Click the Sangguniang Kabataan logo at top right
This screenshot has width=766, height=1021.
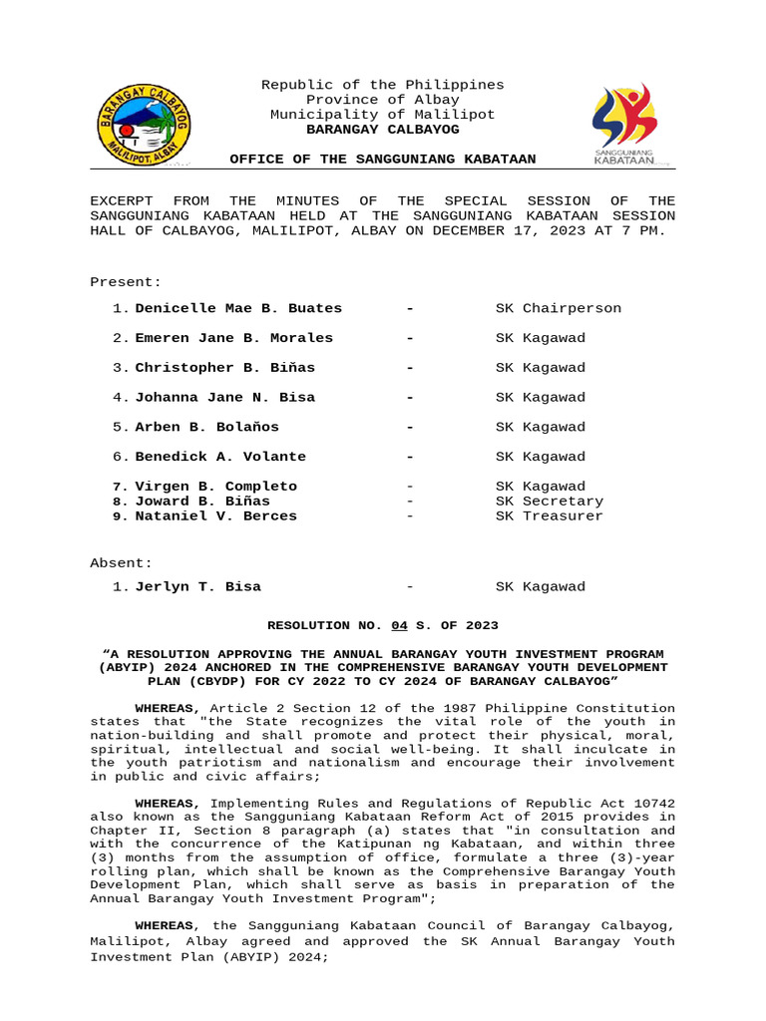[x=624, y=125]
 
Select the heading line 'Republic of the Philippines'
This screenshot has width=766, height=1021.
[x=382, y=85]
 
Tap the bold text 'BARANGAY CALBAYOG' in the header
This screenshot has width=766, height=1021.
[x=382, y=130]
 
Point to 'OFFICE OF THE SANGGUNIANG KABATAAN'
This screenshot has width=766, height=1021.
[x=382, y=160]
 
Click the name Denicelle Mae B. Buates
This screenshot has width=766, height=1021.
[x=238, y=308]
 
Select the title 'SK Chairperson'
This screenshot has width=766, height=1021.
[x=558, y=308]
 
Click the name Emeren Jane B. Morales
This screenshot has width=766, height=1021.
[x=234, y=338]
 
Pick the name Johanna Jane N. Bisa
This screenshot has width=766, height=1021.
[x=225, y=397]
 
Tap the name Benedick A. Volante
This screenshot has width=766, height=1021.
[x=220, y=457]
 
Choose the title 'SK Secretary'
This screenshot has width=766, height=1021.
[x=550, y=502]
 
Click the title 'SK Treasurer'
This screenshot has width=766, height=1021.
[x=550, y=516]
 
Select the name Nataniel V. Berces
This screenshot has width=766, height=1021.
[x=216, y=516]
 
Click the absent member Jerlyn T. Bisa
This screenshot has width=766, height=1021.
[x=198, y=586]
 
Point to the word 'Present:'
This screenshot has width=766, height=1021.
[x=126, y=282]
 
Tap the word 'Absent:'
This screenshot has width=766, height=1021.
[x=122, y=562]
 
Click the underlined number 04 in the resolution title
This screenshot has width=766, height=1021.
[x=399, y=625]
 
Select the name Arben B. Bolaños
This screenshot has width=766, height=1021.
[x=207, y=427]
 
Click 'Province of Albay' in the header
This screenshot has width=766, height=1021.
[x=382, y=100]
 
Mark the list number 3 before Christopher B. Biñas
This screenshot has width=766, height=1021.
[x=119, y=368]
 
